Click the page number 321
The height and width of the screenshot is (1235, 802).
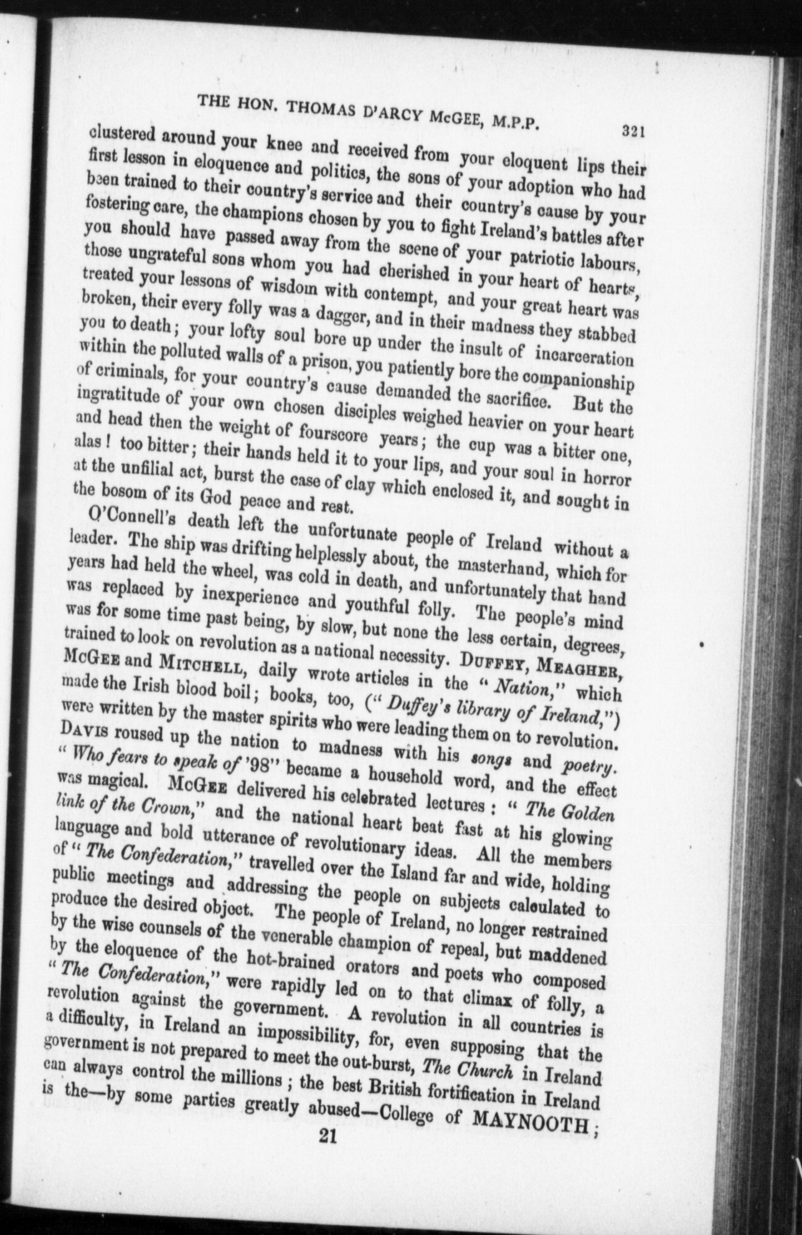click(x=631, y=131)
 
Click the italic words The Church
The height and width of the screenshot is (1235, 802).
click(x=467, y=1069)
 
